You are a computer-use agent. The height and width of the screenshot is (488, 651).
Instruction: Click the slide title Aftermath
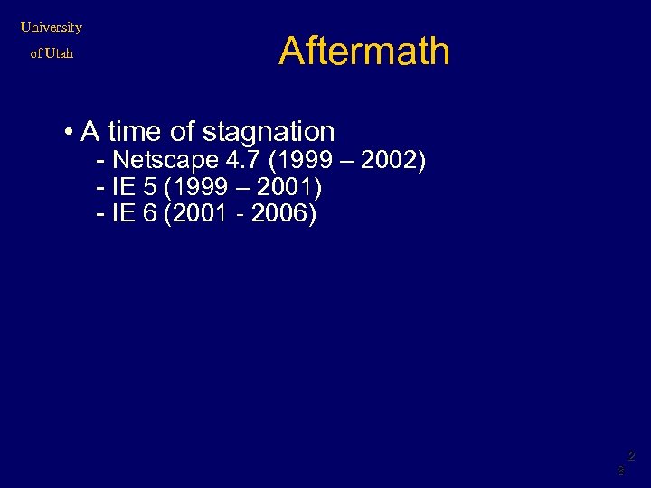click(363, 51)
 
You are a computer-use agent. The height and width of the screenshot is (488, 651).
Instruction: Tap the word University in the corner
click(52, 27)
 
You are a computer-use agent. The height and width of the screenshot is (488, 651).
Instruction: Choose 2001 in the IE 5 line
click(284, 188)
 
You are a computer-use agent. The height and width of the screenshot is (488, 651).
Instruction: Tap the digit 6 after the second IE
click(149, 215)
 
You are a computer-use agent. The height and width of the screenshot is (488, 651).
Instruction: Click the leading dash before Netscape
click(100, 161)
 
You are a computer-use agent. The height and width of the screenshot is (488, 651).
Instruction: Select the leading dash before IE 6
click(100, 215)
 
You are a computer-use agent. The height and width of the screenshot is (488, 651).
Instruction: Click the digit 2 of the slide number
click(631, 456)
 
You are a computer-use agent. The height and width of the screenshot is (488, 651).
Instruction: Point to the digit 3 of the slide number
click(620, 471)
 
